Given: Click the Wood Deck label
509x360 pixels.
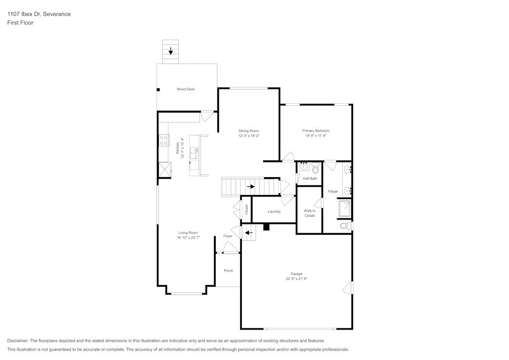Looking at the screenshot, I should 185,89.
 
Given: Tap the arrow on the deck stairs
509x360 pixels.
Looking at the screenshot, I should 171,51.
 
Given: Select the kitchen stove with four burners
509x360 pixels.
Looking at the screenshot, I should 164,140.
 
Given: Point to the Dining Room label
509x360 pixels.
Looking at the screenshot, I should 248,131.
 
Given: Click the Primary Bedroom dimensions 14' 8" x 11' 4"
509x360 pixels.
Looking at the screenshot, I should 316,136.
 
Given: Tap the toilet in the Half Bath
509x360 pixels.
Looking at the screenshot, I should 315,168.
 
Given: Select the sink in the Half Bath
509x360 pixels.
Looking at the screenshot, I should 303,167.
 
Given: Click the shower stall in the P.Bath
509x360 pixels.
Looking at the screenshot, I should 345,208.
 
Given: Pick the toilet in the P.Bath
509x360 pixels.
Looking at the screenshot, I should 345,226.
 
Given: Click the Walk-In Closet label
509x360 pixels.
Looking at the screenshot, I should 309,213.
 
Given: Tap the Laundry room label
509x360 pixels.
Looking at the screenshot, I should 274,211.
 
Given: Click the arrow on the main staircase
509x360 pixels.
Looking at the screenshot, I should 250,186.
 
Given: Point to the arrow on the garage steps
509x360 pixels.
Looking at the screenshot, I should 248,233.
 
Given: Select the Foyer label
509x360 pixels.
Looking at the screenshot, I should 228,236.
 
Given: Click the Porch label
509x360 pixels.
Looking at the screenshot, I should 228,270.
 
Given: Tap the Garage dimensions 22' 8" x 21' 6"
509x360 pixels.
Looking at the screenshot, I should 296,279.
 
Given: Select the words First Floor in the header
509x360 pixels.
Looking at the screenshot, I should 20,23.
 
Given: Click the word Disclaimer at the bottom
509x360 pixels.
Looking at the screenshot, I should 18,341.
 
